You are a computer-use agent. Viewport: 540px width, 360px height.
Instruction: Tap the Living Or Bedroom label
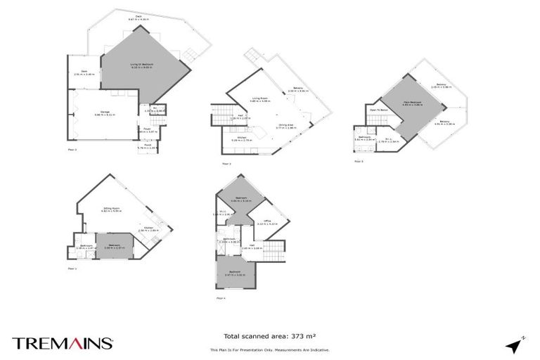click(x=141, y=65)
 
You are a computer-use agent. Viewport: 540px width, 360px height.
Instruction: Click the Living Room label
click(x=261, y=99)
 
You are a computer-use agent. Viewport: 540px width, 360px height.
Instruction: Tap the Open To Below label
click(x=379, y=110)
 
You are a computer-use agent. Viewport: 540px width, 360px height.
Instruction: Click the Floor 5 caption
click(x=359, y=161)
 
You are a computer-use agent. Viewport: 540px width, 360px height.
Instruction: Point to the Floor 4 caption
click(x=221, y=298)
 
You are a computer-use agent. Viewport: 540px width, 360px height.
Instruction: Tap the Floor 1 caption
click(x=72, y=269)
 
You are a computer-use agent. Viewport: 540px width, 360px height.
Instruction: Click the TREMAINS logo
click(x=63, y=343)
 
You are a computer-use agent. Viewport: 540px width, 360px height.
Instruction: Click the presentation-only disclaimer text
click(x=269, y=349)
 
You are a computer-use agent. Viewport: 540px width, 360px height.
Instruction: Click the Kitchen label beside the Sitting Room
click(x=148, y=228)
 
